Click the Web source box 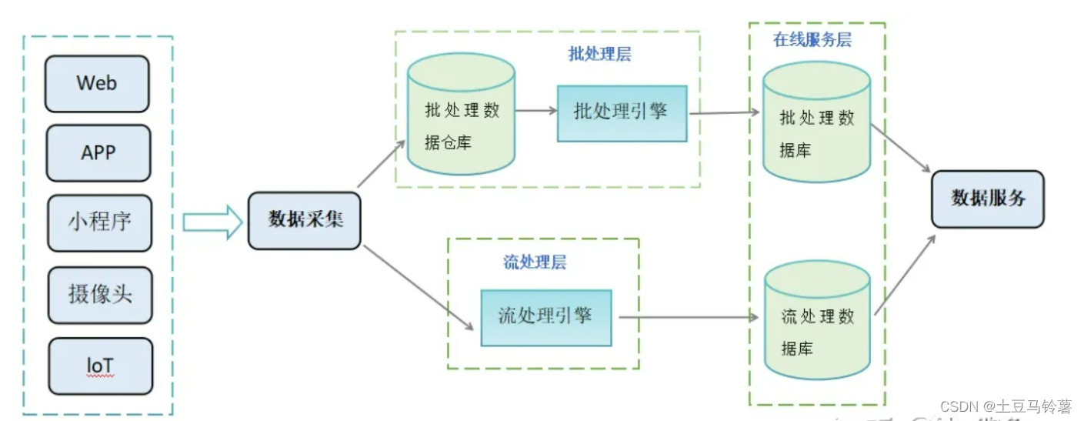[x=97, y=83]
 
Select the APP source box [x=98, y=152]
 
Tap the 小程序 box [x=99, y=222]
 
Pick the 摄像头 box [x=100, y=294]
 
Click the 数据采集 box [x=305, y=219]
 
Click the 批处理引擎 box [x=622, y=112]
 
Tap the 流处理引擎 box [x=545, y=317]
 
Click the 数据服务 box [x=988, y=199]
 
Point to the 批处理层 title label [x=600, y=55]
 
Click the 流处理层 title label [x=535, y=262]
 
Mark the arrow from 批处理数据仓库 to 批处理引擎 [x=536, y=111]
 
